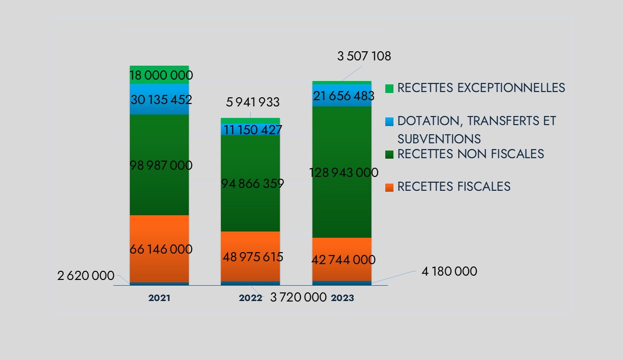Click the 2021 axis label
(159, 298)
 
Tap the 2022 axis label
(251, 298)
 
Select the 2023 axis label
(343, 298)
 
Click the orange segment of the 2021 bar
(159, 235)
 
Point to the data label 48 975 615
(253, 257)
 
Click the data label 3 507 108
(364, 57)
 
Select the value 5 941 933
(252, 102)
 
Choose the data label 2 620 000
(86, 276)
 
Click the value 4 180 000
(449, 272)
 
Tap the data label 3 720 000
(299, 298)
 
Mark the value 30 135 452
(161, 100)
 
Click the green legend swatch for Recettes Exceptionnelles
(389, 88)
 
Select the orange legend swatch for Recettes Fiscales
(389, 186)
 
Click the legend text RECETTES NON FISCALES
(471, 154)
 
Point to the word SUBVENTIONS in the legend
(439, 139)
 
